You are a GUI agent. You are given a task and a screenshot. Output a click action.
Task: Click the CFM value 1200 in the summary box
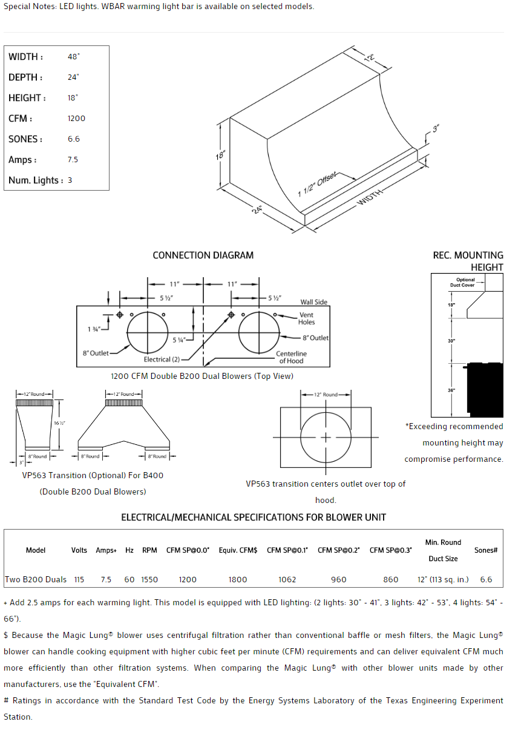click(76, 119)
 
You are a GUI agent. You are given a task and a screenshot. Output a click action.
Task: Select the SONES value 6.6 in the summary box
click(74, 139)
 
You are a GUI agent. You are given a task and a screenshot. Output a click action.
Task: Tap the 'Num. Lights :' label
click(36, 180)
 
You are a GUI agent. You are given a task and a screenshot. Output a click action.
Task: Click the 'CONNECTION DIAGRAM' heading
click(203, 255)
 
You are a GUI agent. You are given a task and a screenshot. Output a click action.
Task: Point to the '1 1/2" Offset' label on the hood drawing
click(318, 184)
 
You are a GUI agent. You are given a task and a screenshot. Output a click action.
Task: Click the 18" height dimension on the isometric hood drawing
click(221, 156)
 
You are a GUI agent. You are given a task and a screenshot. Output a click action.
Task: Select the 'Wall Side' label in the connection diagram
click(313, 302)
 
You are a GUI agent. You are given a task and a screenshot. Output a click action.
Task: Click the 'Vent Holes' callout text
click(306, 318)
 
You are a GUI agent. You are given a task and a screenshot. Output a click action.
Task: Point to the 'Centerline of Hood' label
click(291, 357)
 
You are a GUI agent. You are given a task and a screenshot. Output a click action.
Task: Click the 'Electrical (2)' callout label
click(162, 360)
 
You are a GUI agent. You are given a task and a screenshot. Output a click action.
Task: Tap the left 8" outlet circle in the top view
click(147, 332)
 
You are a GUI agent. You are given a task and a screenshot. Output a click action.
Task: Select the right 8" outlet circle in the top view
click(259, 332)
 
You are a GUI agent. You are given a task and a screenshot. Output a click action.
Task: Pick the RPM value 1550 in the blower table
click(149, 580)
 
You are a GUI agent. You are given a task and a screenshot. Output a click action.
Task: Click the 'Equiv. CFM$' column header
click(238, 550)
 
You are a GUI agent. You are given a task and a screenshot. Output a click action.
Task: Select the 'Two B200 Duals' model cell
click(36, 580)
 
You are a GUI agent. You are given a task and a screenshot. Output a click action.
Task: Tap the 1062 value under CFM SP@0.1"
click(287, 580)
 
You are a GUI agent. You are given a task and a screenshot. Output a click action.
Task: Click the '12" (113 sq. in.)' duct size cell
click(443, 580)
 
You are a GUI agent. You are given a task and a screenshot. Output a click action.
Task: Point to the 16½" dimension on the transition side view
click(59, 423)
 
